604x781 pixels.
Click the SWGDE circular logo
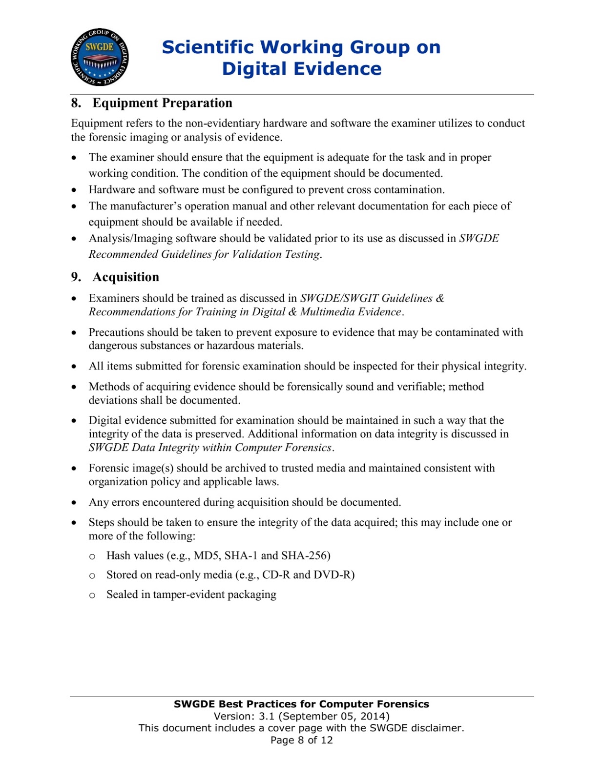(100, 57)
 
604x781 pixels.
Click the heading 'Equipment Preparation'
(162, 103)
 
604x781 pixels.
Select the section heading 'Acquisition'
(125, 277)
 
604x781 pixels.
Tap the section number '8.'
(76, 103)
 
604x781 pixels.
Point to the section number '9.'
(76, 277)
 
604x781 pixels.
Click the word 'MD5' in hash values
(207, 555)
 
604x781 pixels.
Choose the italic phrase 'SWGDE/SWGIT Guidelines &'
(372, 298)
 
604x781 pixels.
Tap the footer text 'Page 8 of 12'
(301, 740)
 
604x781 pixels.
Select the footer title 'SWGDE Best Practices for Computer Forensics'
(301, 704)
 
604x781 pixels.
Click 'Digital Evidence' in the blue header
(301, 69)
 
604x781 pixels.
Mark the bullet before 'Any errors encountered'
(74, 502)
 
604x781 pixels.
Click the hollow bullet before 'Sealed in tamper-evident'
(92, 595)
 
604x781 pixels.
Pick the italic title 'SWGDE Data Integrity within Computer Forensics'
(210, 448)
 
